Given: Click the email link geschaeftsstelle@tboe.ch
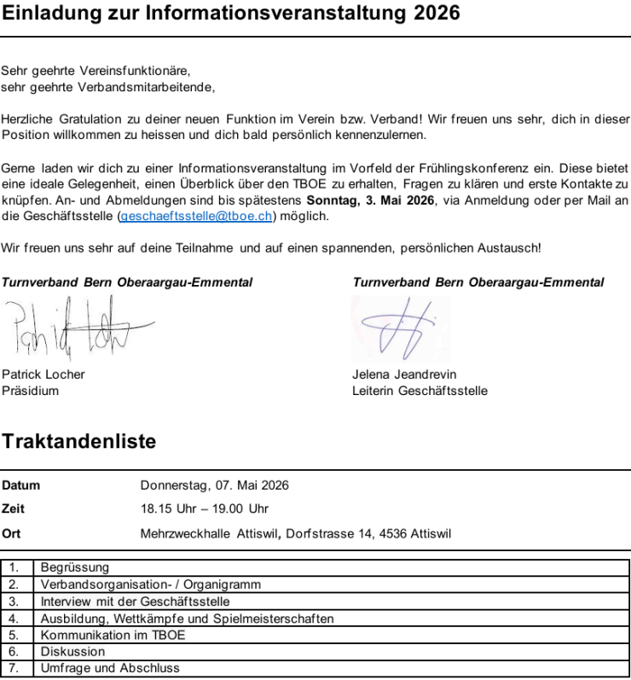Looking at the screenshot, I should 196,217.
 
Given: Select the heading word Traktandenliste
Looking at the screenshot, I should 79,441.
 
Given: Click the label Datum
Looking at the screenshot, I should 20,485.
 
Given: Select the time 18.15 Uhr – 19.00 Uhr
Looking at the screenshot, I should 204,509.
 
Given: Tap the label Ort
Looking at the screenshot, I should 11,534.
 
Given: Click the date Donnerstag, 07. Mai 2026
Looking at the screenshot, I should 214,485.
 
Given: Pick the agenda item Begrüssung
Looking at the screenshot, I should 75,567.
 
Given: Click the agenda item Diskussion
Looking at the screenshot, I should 72,652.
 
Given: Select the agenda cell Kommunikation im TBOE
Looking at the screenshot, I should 113,635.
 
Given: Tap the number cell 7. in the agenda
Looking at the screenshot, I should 14,668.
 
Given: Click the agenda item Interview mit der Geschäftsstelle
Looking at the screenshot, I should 135,602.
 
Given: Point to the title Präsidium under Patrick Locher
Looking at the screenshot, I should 31,391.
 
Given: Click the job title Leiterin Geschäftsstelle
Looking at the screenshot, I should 420,391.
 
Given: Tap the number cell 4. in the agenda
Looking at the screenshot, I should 14,619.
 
